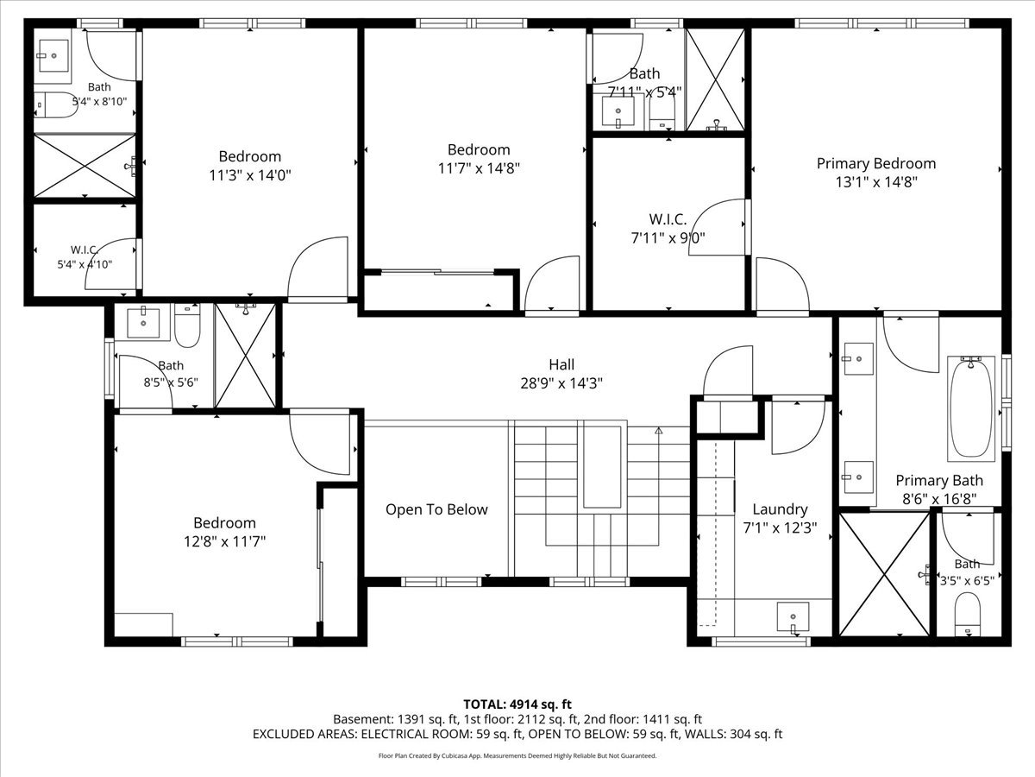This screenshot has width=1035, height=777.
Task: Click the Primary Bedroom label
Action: [876, 164]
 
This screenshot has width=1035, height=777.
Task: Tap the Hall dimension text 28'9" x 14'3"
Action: [561, 383]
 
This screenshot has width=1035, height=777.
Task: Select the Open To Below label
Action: [436, 509]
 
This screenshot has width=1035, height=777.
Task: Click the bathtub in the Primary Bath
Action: [971, 408]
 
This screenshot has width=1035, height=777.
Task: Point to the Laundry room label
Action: [780, 509]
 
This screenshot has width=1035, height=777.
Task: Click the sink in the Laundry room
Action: [793, 617]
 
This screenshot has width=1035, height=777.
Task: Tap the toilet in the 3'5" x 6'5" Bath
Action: [967, 615]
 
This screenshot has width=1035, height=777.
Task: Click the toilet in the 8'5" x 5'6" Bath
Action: [187, 325]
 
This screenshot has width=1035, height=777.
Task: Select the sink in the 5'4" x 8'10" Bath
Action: [53, 55]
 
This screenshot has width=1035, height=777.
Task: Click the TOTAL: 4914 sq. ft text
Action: [517, 704]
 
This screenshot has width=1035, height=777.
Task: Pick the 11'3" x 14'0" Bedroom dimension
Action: [250, 175]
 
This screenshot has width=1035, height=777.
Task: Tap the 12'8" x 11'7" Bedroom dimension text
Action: [224, 541]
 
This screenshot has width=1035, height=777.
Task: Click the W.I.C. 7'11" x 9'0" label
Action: [668, 229]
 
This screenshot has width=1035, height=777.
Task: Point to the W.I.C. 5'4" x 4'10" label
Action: [85, 257]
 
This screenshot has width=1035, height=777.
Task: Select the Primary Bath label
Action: [939, 481]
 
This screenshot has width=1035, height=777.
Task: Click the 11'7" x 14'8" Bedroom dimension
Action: [479, 168]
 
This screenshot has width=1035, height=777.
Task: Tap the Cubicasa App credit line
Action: [517, 755]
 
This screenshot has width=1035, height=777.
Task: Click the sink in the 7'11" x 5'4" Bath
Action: [618, 112]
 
